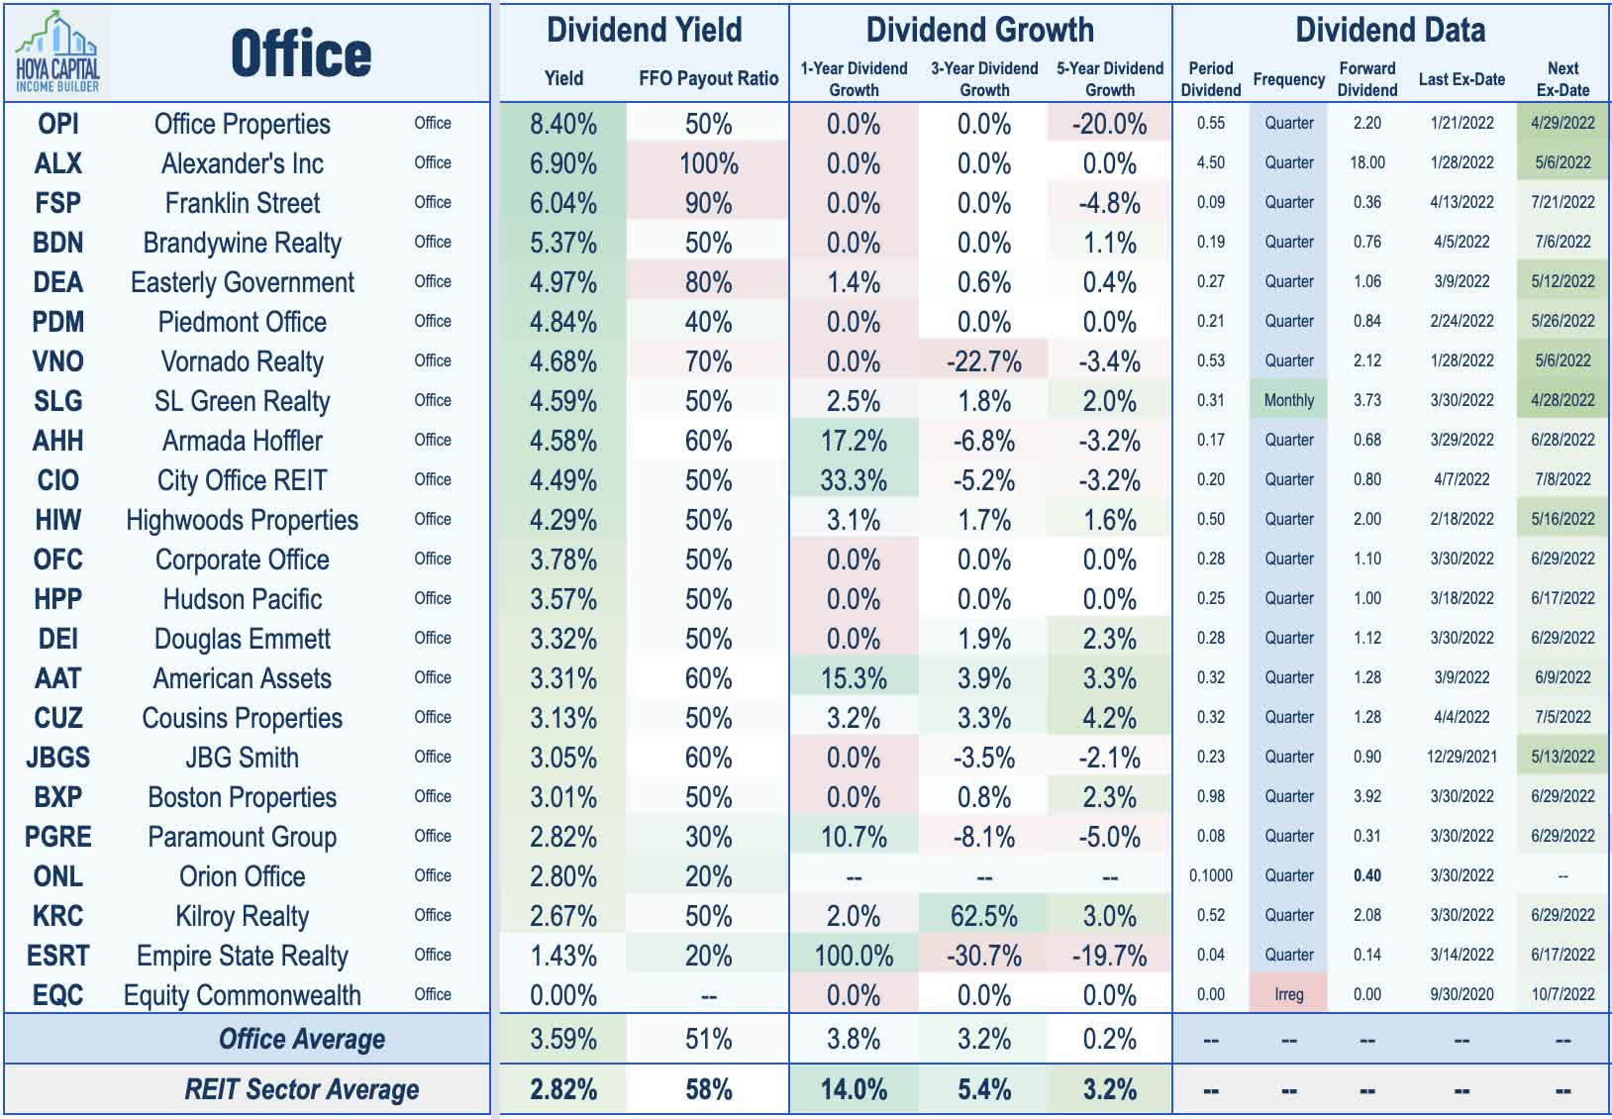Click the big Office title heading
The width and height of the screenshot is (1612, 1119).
301,53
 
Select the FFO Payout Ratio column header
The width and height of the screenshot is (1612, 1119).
708,78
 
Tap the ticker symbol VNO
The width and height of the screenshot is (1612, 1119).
57,361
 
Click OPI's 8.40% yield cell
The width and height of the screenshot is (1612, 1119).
563,124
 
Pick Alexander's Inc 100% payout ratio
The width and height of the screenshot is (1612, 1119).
708,163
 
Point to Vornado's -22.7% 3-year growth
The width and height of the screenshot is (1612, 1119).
984,361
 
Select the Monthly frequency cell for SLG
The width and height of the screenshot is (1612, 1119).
1288,400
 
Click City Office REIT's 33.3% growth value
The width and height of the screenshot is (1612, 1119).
854,480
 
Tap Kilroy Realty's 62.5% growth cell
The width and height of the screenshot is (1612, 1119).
984,916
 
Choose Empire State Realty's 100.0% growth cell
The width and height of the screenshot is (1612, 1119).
854,956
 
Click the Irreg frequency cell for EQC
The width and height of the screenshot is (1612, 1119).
1288,994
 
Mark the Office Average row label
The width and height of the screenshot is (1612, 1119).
301,1039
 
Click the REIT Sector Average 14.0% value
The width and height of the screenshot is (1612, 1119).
854,1089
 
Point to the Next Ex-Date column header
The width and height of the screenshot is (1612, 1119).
1562,78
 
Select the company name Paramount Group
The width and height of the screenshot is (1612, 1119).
242,837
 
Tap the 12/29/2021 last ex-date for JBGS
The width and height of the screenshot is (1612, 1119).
1461,757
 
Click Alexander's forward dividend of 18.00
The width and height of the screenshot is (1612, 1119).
1366,162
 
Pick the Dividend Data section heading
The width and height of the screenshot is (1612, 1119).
1390,30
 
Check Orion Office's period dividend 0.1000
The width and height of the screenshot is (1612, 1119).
1210,875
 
